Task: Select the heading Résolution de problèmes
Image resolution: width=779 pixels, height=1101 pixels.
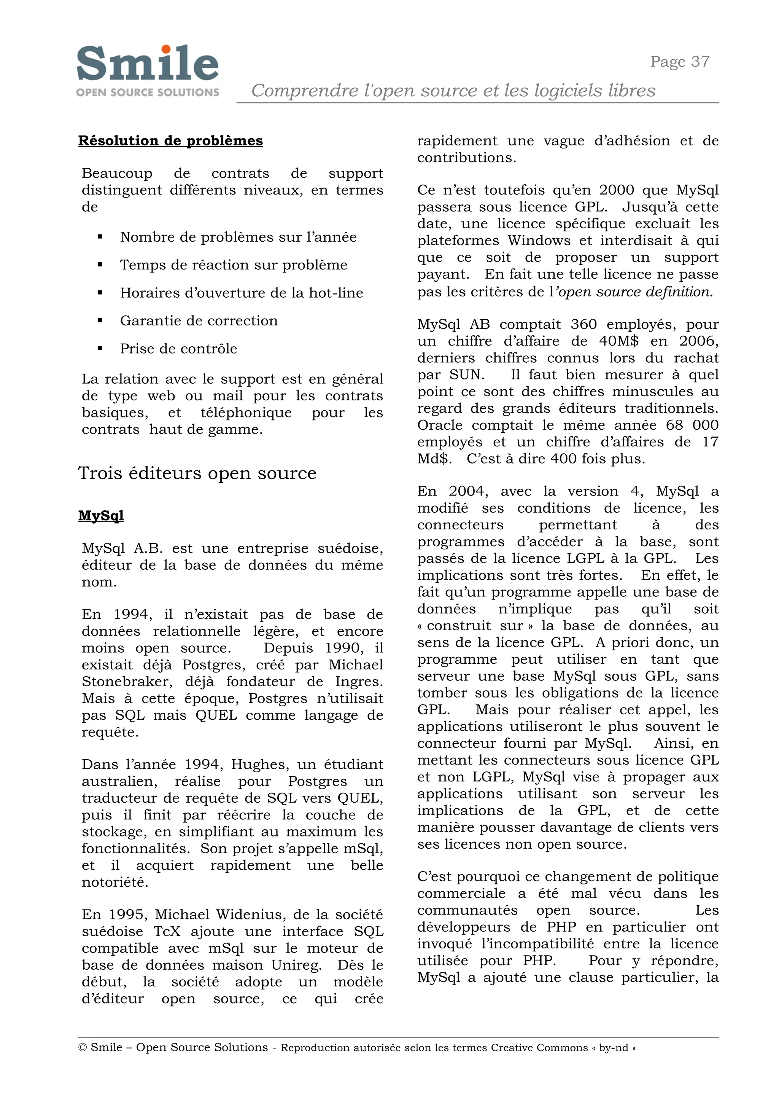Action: coord(170,141)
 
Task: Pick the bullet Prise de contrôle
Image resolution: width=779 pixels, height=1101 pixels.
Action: coord(178,349)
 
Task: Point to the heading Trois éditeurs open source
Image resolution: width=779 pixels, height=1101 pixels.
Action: coord(197,473)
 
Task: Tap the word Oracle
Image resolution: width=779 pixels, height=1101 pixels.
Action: coord(439,425)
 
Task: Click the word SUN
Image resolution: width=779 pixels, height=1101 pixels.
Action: coord(466,374)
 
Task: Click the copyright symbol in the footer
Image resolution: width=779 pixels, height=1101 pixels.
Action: coord(82,1047)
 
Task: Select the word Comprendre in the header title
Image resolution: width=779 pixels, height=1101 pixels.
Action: coord(305,90)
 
